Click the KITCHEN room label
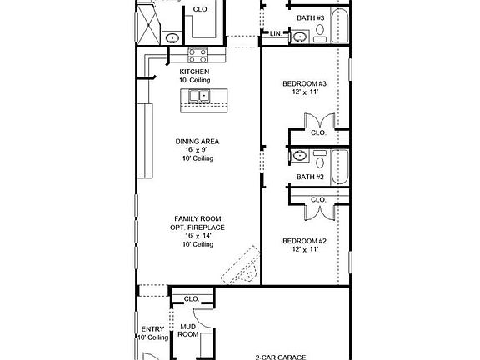coord(194,72)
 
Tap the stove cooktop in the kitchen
coord(197,56)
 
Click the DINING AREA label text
coord(197,142)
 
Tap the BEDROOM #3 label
coord(302,83)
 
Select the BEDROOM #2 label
coord(302,241)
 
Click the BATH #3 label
coord(310,17)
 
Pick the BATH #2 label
coord(310,177)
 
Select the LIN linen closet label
coord(275,33)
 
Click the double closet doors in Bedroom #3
coord(319,120)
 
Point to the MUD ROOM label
coord(189,329)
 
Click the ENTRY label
coord(152,329)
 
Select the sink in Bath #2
coord(298,156)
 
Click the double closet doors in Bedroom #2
coord(319,211)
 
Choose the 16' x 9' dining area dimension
coord(197,151)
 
